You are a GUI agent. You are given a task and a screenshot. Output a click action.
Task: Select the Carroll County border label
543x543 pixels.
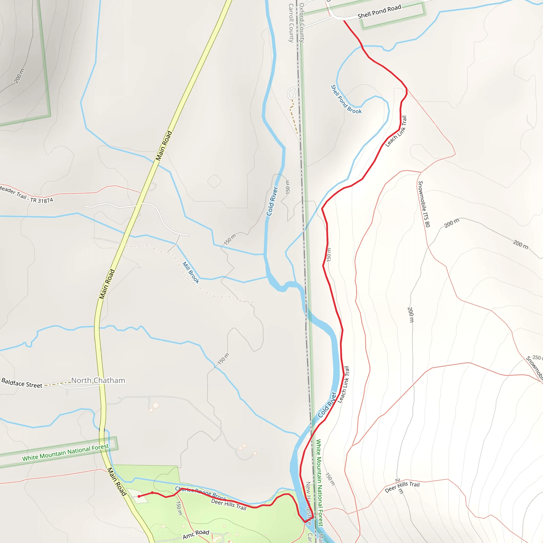(291, 23)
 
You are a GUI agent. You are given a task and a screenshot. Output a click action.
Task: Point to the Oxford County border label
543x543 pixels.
(301, 23)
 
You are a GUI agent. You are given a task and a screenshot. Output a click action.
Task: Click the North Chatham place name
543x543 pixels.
(98, 380)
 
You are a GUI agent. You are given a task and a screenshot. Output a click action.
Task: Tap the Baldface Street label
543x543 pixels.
(22, 383)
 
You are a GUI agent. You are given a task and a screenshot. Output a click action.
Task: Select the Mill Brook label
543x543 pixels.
(191, 272)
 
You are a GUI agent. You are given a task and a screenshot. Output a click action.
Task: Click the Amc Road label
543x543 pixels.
(196, 534)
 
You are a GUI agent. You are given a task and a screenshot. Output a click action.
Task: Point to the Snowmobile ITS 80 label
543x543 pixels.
(424, 204)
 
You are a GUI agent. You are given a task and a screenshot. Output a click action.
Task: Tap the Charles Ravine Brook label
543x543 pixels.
(201, 493)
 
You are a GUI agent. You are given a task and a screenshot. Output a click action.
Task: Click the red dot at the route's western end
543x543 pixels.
(139, 496)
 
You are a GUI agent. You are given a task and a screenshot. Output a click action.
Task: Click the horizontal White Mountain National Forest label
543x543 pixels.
(65, 453)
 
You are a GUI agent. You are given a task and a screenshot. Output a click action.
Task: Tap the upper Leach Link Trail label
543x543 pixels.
(396, 131)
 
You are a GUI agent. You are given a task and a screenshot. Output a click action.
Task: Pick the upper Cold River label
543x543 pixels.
(272, 201)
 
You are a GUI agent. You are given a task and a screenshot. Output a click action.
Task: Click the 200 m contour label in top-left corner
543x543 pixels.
(19, 76)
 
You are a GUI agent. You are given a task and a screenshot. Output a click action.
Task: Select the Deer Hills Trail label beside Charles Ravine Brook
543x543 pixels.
(229, 505)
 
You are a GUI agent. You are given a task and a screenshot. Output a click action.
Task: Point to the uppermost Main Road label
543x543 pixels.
(164, 146)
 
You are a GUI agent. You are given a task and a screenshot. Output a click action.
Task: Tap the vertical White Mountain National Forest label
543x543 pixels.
(319, 483)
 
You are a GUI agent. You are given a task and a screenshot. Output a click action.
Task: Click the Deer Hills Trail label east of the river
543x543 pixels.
(402, 487)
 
